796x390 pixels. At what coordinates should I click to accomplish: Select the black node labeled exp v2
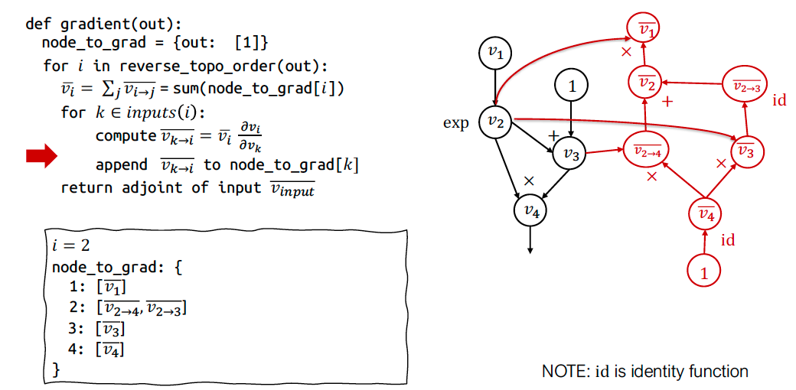(495, 122)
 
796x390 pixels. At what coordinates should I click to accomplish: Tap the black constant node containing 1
(571, 86)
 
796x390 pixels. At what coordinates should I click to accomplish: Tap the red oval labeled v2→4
(647, 151)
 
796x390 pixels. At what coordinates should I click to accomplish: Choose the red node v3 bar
(747, 151)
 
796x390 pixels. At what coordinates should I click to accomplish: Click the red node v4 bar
(705, 215)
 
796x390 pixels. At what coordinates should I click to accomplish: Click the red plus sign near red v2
(667, 101)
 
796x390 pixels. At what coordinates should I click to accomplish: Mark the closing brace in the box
(55, 370)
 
